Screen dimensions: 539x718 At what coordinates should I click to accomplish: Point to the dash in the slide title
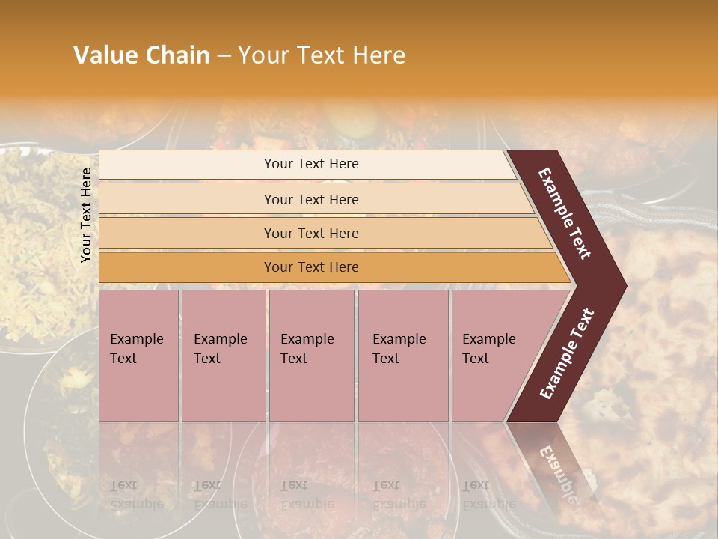(224, 56)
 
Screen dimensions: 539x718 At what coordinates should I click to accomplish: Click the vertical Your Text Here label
(86, 215)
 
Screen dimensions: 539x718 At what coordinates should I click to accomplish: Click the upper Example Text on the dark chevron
(565, 213)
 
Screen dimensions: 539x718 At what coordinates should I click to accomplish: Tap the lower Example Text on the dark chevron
(567, 353)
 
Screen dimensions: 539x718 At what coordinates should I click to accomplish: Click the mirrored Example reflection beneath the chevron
(558, 472)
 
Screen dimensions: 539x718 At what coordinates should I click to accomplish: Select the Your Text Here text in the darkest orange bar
(311, 267)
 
